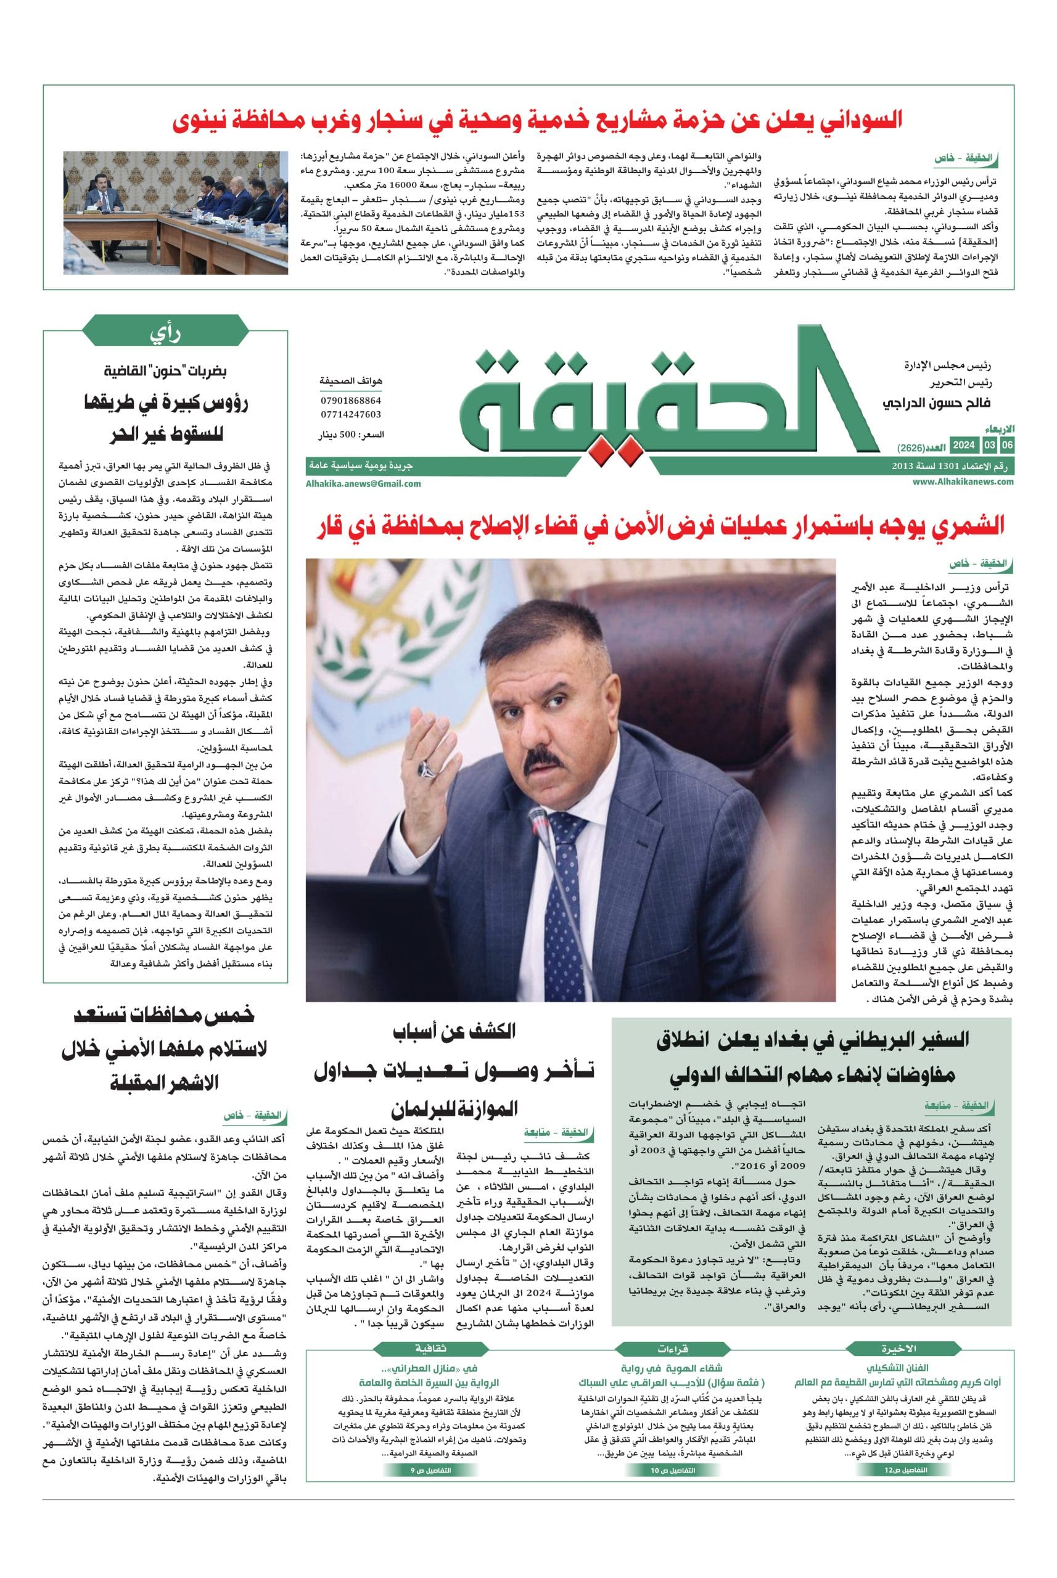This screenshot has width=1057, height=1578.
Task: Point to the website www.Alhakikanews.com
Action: pos(963,481)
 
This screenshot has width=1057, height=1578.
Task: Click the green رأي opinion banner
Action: pos(165,333)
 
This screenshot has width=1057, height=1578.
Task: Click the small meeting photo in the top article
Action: pos(176,212)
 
